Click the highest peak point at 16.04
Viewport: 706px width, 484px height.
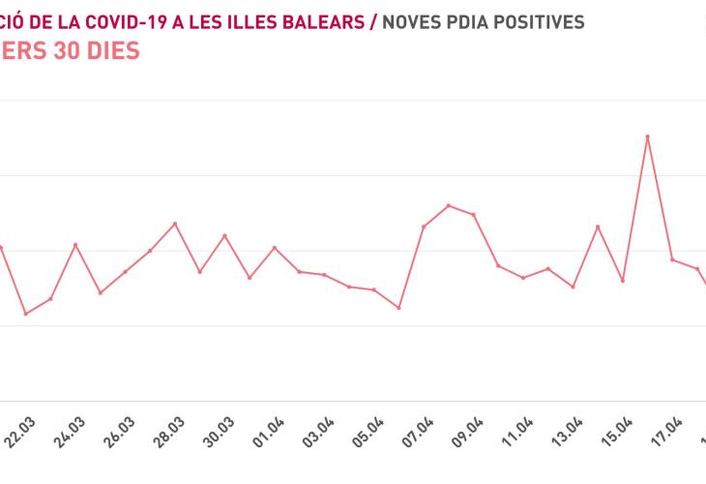pyautogui.click(x=648, y=136)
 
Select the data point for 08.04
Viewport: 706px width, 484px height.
pyautogui.click(x=449, y=205)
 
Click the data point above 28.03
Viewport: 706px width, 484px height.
pyautogui.click(x=175, y=224)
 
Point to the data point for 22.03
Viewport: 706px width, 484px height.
pyautogui.click(x=25, y=314)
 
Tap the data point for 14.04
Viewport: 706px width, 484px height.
pyautogui.click(x=598, y=227)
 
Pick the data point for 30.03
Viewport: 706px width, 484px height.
pyautogui.click(x=225, y=235)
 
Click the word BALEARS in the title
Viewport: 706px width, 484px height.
pyautogui.click(x=324, y=21)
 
